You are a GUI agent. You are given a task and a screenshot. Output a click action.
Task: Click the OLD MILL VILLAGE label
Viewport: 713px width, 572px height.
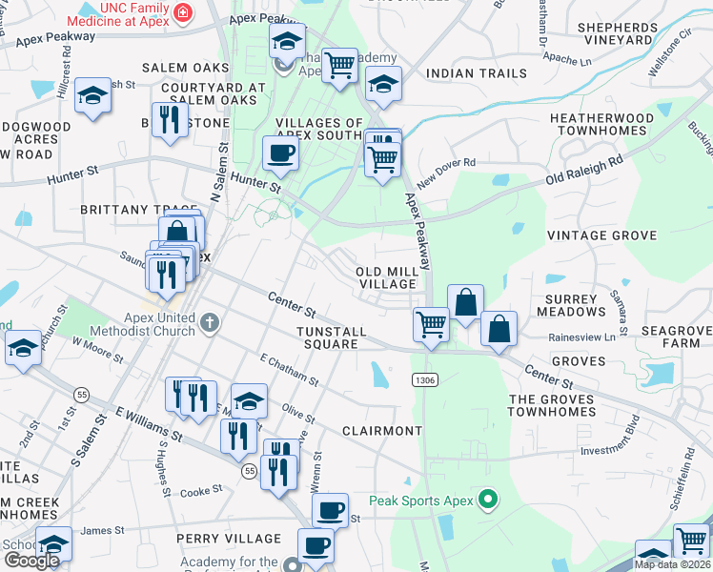point(387,277)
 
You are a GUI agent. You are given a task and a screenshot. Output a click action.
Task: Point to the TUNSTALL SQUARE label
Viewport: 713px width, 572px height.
point(332,337)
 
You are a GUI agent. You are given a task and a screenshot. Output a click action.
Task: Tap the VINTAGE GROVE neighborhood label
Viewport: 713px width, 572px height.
point(601,235)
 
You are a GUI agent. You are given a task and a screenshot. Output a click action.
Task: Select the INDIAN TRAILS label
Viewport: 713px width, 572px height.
point(477,73)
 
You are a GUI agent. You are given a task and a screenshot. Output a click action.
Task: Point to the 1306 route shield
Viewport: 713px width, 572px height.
point(426,380)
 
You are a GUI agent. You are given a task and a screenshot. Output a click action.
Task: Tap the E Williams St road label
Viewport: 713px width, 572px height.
point(149,425)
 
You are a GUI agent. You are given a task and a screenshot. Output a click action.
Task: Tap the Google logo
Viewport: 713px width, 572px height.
point(31,561)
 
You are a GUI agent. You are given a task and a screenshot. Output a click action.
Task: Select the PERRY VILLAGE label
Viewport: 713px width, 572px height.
point(229,539)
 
